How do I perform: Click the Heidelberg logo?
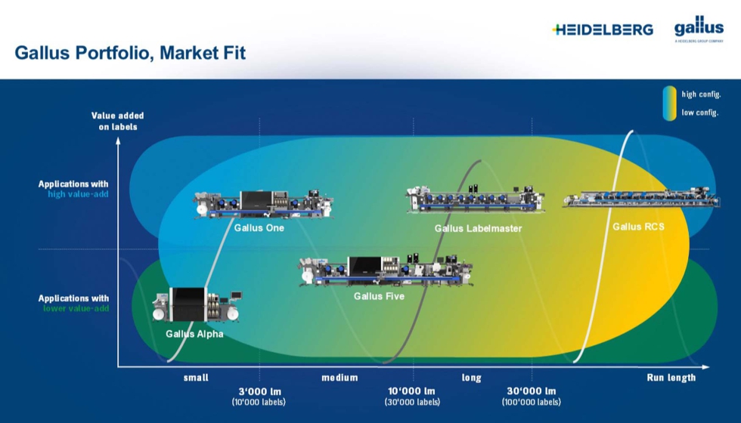pyautogui.click(x=603, y=29)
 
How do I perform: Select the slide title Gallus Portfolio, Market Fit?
pyautogui.click(x=130, y=53)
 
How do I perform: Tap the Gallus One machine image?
pyautogui.click(x=264, y=205)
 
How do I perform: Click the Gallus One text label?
pyautogui.click(x=259, y=227)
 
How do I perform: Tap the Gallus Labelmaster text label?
pyautogui.click(x=478, y=228)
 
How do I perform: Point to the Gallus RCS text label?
pyautogui.click(x=638, y=226)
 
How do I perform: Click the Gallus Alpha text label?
pyautogui.click(x=194, y=334)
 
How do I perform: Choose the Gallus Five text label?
pyautogui.click(x=379, y=296)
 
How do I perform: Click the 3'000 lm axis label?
pyautogui.click(x=259, y=391)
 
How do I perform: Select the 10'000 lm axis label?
pyautogui.click(x=413, y=391)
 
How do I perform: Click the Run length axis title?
pyautogui.click(x=671, y=378)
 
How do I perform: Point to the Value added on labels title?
pyautogui.click(x=117, y=121)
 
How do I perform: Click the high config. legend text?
pyautogui.click(x=701, y=94)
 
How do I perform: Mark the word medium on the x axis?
pyautogui.click(x=339, y=378)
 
